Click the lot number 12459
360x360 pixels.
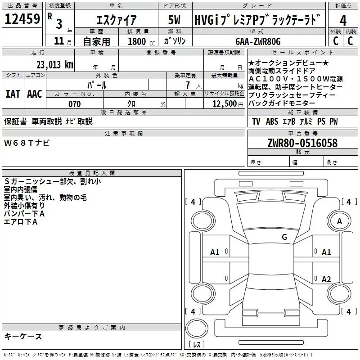[22, 20]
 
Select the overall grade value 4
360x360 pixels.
[343, 20]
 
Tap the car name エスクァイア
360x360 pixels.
[117, 21]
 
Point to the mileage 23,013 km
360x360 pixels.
[54, 64]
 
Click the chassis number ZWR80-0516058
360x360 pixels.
[302, 143]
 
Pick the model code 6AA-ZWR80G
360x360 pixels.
[258, 41]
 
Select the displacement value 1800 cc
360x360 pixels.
[139, 41]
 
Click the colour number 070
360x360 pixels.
[74, 104]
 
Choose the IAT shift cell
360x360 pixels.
[13, 94]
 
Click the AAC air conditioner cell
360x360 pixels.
[35, 94]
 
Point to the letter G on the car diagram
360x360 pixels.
[284, 237]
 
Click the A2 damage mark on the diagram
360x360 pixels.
[326, 279]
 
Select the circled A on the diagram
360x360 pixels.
[339, 221]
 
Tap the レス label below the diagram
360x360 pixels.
[197, 345]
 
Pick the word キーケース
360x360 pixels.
[23, 336]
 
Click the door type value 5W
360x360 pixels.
[175, 21]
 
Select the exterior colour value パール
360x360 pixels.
[96, 85]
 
